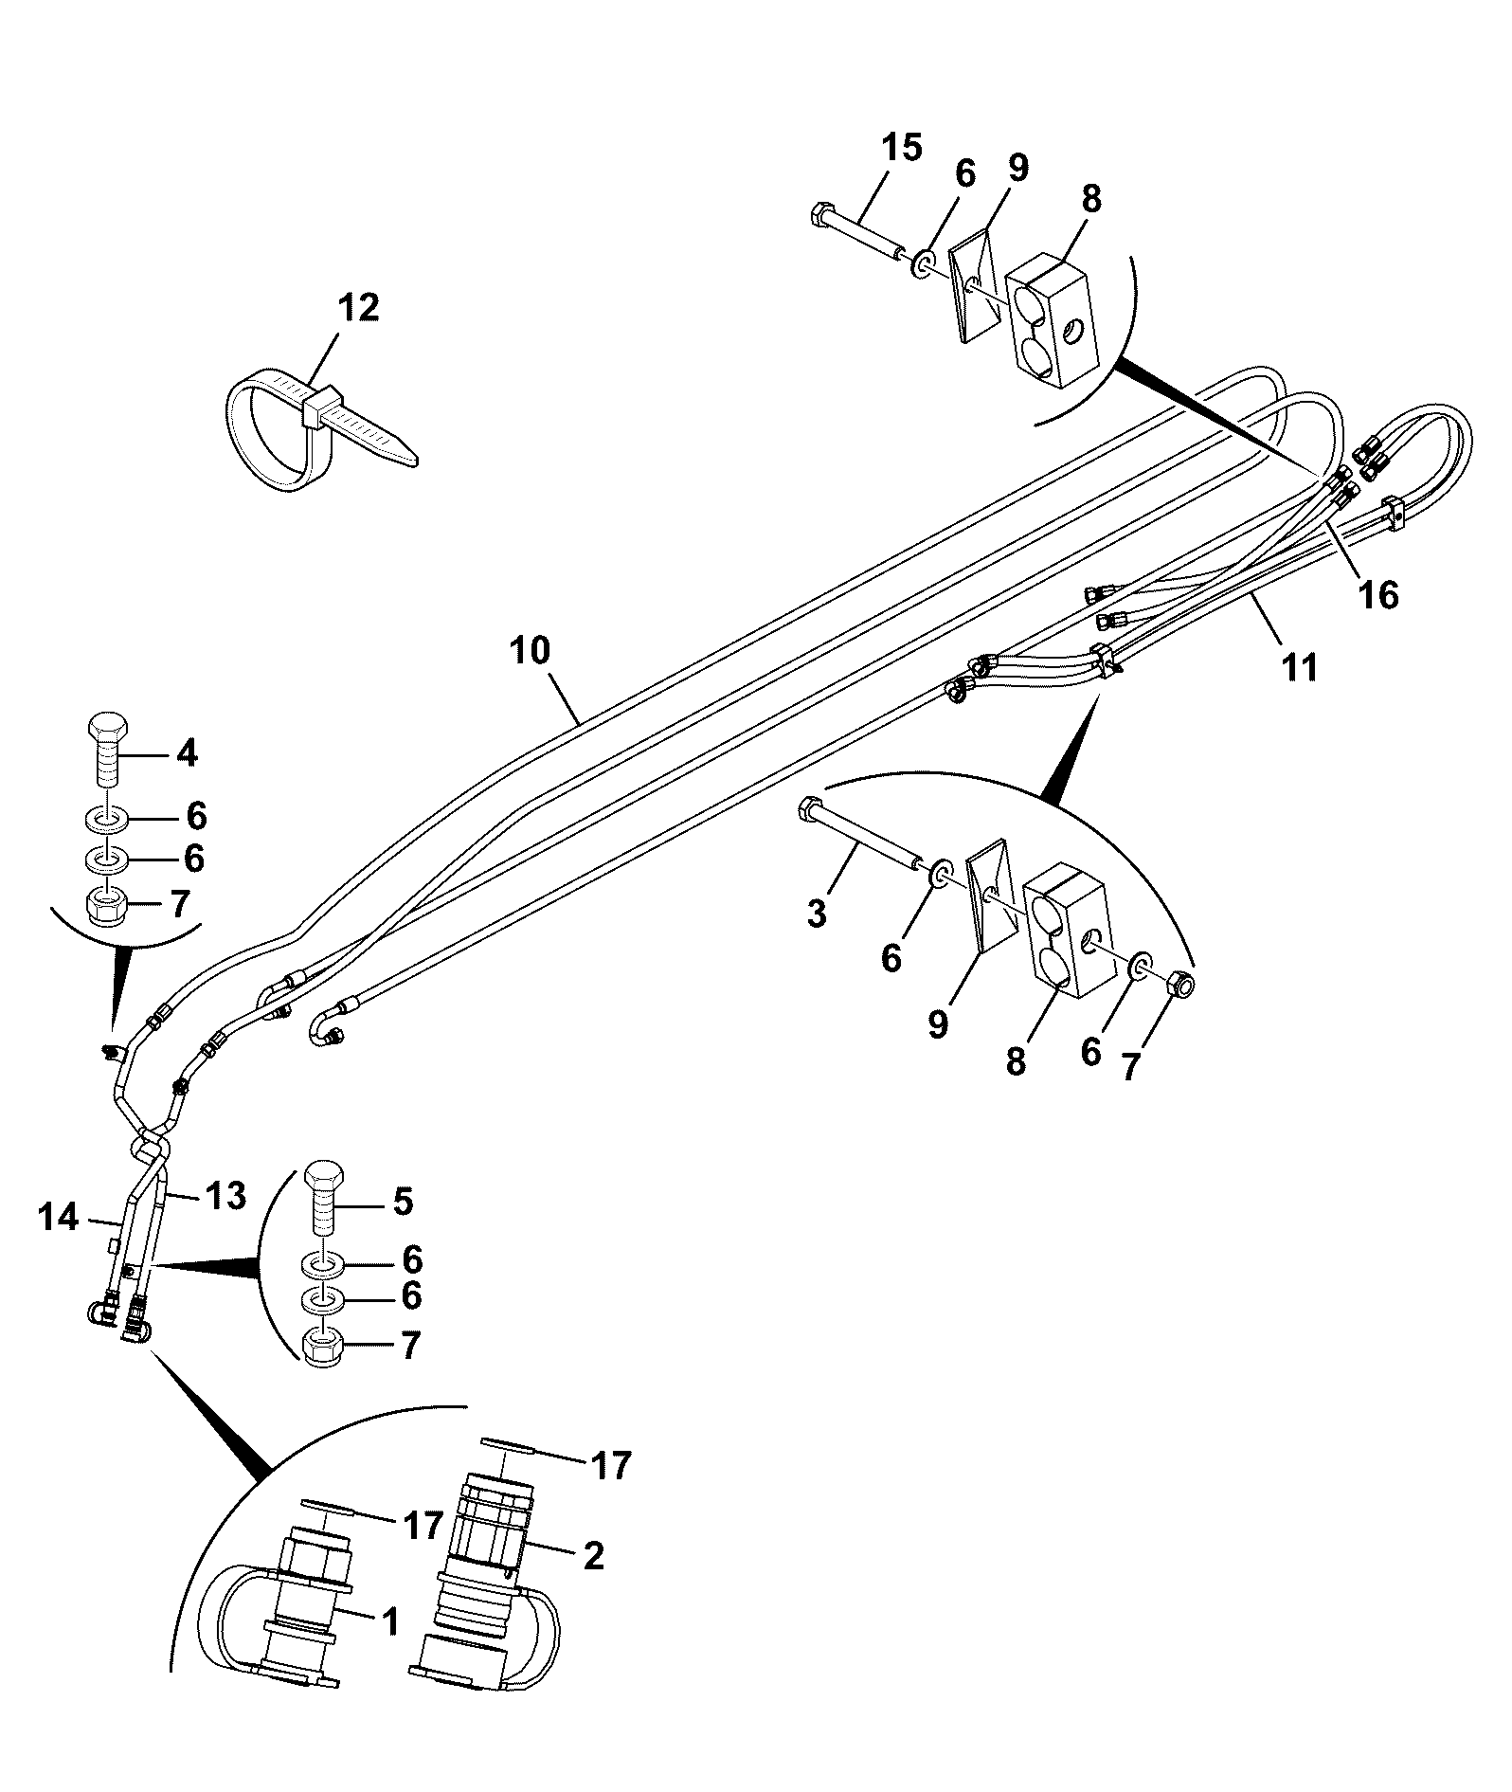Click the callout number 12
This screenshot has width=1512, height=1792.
click(x=358, y=308)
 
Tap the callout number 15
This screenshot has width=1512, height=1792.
click(x=901, y=148)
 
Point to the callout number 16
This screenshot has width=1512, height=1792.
click(x=1378, y=595)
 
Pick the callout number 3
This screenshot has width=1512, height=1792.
click(x=817, y=914)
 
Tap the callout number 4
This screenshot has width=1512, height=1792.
click(x=187, y=753)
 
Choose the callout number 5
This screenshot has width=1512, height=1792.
click(x=403, y=1202)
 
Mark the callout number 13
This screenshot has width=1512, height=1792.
click(x=225, y=1195)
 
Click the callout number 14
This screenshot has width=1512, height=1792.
click(x=59, y=1217)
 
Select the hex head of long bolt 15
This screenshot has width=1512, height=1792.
click(x=821, y=213)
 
